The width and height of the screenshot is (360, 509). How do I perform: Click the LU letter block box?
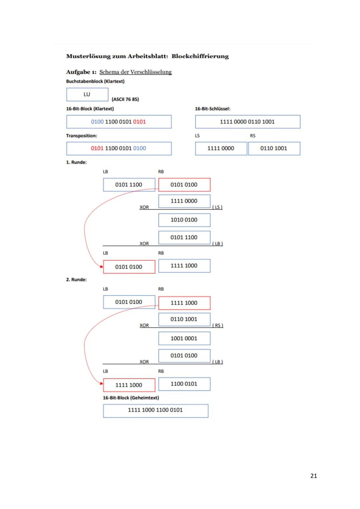click(87, 94)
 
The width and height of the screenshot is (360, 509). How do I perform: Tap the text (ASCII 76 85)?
click(125, 99)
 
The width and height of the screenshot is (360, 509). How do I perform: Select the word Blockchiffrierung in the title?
click(200, 56)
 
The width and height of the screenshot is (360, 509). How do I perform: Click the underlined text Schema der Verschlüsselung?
click(135, 72)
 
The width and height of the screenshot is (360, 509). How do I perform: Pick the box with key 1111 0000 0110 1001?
click(247, 122)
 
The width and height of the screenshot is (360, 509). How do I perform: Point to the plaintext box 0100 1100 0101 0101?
click(119, 122)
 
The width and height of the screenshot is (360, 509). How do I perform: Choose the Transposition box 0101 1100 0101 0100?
click(119, 148)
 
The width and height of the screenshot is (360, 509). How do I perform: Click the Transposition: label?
click(81, 136)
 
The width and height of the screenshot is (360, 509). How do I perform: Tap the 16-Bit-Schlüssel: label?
click(212, 109)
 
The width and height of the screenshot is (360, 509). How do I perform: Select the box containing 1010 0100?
click(184, 220)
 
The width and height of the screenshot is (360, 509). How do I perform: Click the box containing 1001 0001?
click(184, 338)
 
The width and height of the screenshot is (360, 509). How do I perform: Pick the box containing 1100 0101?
click(184, 384)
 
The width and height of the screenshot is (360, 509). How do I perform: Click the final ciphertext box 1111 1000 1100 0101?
click(155, 410)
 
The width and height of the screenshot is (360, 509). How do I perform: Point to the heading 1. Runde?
click(76, 162)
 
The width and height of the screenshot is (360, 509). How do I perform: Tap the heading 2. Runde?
click(76, 280)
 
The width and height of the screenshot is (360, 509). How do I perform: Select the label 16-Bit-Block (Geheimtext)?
click(131, 398)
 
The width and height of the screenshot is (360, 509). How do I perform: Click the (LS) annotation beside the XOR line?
click(217, 207)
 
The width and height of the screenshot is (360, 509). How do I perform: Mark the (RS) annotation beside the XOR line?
click(218, 325)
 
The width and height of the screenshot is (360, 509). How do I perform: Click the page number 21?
click(313, 476)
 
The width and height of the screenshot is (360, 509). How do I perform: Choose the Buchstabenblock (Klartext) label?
click(95, 81)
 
